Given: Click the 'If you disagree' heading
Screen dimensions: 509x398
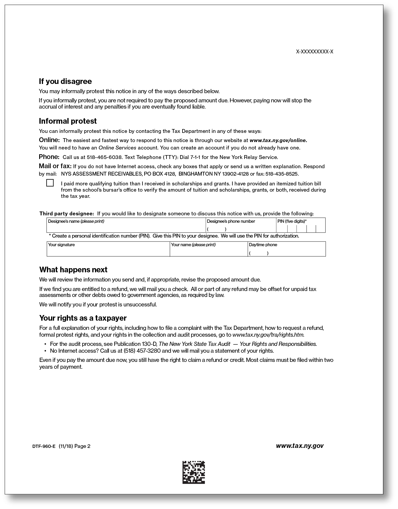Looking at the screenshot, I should coord(65,81).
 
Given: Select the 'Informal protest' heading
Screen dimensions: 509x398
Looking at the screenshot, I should coord(68,121).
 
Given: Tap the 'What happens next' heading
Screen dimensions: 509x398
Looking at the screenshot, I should coord(73,270).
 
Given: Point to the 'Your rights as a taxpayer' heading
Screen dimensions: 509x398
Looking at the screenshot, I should coord(83,318).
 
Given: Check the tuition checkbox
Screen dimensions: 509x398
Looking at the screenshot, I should coord(50,183).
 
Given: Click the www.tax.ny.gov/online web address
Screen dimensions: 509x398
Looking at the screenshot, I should coord(278,140).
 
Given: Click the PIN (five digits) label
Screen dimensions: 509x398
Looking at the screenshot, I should coord(292,221).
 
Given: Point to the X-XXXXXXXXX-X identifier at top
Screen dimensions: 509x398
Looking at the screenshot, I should coord(315,52).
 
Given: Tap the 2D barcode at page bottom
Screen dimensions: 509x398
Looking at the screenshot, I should coord(194,472).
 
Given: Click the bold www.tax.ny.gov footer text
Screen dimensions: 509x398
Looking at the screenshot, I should coord(299,446).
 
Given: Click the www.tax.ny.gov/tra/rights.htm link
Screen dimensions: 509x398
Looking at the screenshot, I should coord(268,335).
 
